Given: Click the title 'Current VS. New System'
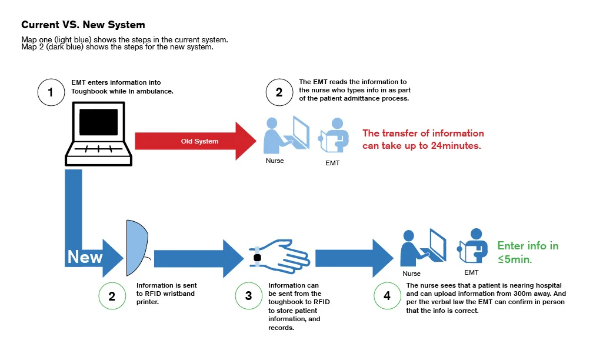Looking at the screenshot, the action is [x=83, y=25].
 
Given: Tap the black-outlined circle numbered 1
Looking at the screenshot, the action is [x=51, y=92].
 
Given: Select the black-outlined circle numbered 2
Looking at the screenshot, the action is [x=279, y=92].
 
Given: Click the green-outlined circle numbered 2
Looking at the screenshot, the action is [x=112, y=296].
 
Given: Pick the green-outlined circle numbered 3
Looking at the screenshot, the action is [x=248, y=296].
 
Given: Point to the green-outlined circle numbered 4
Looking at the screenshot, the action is [x=387, y=296].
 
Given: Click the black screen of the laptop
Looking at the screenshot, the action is [x=98, y=122].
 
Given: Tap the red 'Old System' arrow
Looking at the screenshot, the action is [x=195, y=141].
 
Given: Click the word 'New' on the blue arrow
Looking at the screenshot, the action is [x=85, y=257].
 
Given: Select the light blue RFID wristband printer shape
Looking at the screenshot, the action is [x=137, y=248].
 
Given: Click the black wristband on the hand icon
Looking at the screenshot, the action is [x=257, y=258].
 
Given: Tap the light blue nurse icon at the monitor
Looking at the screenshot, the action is [x=286, y=135].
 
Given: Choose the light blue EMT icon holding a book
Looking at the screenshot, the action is [x=334, y=135].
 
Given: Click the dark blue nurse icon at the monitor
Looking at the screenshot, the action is [x=423, y=248].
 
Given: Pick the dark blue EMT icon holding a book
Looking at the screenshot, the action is [x=472, y=246].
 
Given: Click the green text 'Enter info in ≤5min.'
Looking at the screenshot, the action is [x=528, y=252].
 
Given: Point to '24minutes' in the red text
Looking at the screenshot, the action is [x=455, y=146].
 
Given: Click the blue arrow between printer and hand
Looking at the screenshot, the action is [x=199, y=259].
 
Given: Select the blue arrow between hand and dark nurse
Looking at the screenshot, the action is [x=354, y=259].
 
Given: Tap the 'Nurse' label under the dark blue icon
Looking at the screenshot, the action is [x=411, y=274].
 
